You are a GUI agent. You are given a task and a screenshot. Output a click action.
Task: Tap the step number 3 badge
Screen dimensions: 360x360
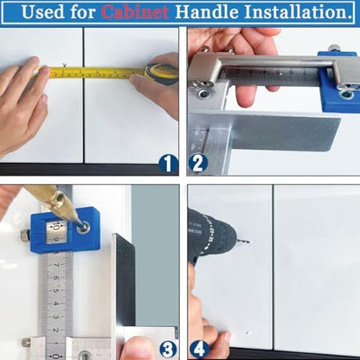point(168,349)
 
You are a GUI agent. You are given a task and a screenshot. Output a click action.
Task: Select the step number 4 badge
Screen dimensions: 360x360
point(198,349)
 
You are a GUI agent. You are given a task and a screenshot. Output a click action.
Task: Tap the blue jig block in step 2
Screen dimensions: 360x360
point(337,83)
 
